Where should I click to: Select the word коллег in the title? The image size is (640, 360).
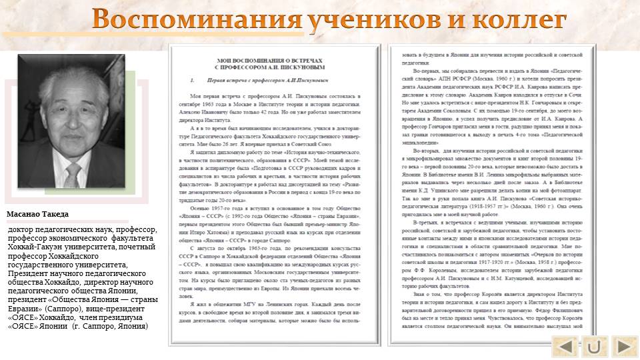(x=520, y=19)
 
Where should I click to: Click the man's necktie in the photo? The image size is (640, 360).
(x=73, y=174)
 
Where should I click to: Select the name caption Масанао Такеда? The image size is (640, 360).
(x=38, y=214)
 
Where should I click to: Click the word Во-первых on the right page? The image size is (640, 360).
(x=426, y=71)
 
